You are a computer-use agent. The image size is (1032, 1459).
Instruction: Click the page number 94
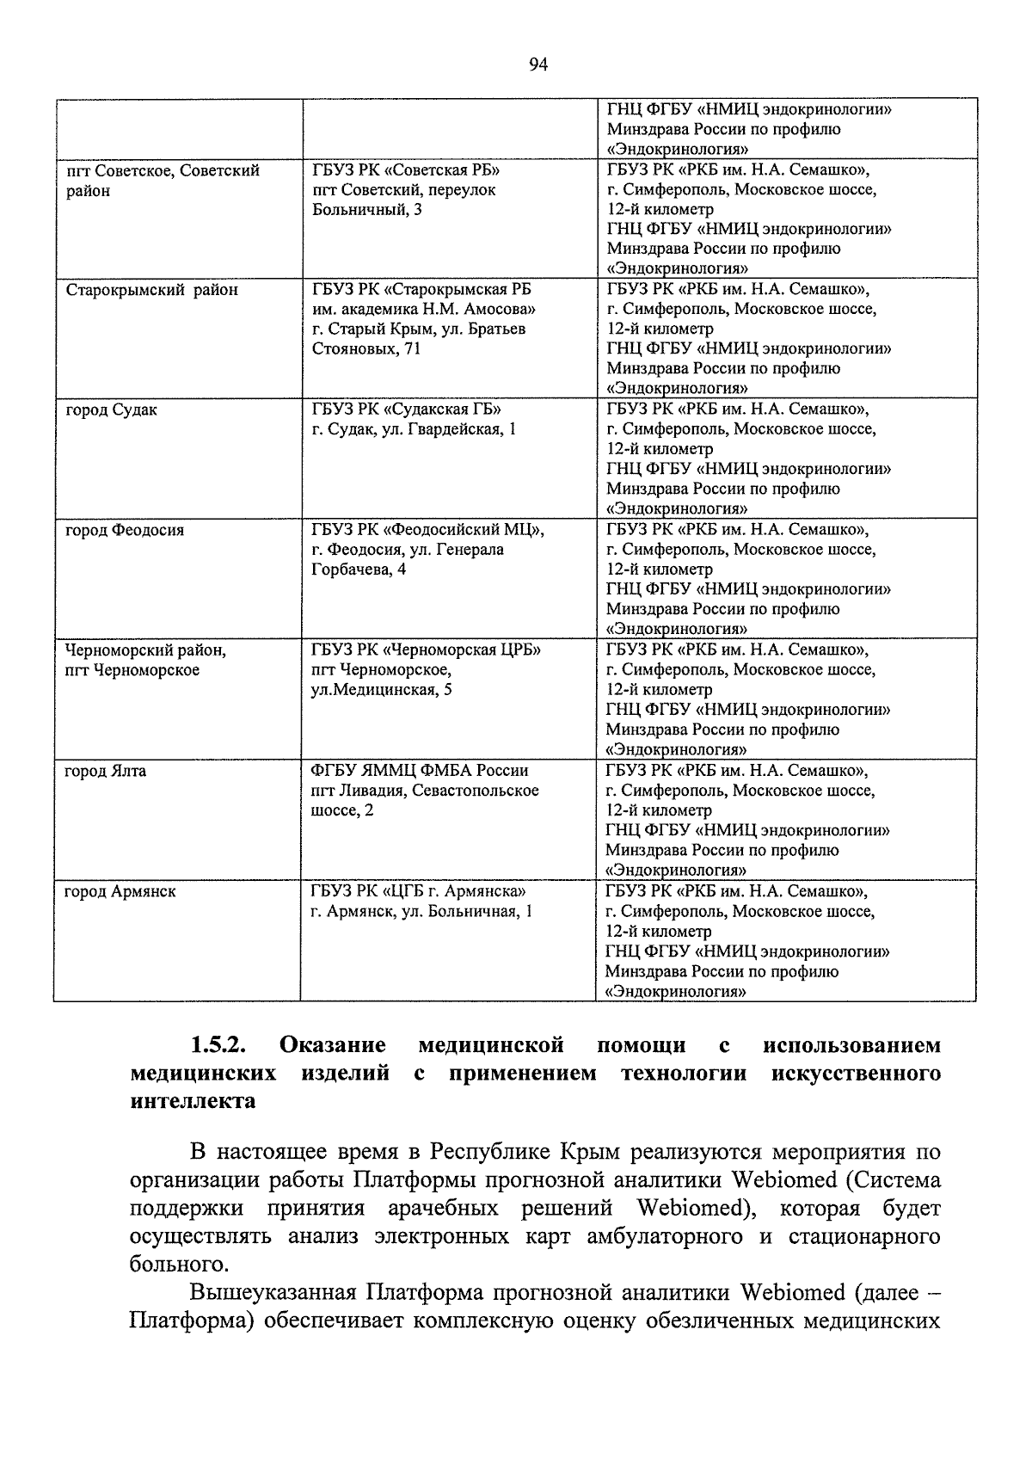(x=538, y=65)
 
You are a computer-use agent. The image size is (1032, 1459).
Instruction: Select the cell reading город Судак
(x=112, y=410)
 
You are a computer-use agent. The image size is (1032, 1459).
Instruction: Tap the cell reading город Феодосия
(x=125, y=531)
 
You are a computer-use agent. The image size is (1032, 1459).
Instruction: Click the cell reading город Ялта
(x=105, y=772)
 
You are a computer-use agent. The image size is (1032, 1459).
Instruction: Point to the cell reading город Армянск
(x=120, y=892)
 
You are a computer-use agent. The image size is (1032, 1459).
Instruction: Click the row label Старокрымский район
(x=151, y=290)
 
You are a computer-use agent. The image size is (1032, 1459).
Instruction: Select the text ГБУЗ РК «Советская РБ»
(x=405, y=170)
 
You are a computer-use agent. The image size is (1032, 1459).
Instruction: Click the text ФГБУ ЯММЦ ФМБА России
(x=419, y=771)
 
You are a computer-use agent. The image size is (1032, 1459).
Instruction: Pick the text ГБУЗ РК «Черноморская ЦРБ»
(x=426, y=650)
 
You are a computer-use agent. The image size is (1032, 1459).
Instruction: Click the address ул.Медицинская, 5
(x=381, y=690)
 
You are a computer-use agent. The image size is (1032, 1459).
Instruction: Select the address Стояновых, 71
(x=365, y=349)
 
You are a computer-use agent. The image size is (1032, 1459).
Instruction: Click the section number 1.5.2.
(x=218, y=1045)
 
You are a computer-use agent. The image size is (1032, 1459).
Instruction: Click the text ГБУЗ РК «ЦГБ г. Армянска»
(x=418, y=892)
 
